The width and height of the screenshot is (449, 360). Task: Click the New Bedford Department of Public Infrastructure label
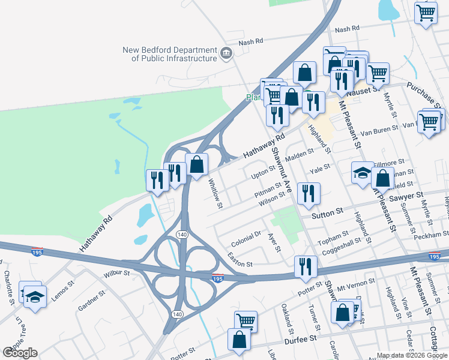point(169,54)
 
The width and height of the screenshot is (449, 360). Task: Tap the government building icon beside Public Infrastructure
point(226,54)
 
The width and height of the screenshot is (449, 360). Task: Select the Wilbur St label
point(117,273)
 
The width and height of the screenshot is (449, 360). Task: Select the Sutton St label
point(327,212)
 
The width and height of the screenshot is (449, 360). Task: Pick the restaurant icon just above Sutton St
point(309,193)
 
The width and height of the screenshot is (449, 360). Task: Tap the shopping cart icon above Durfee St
point(246,321)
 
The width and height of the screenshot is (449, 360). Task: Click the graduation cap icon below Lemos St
point(35,297)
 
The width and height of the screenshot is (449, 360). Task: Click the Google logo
point(20,353)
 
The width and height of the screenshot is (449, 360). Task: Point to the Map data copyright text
point(412,355)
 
